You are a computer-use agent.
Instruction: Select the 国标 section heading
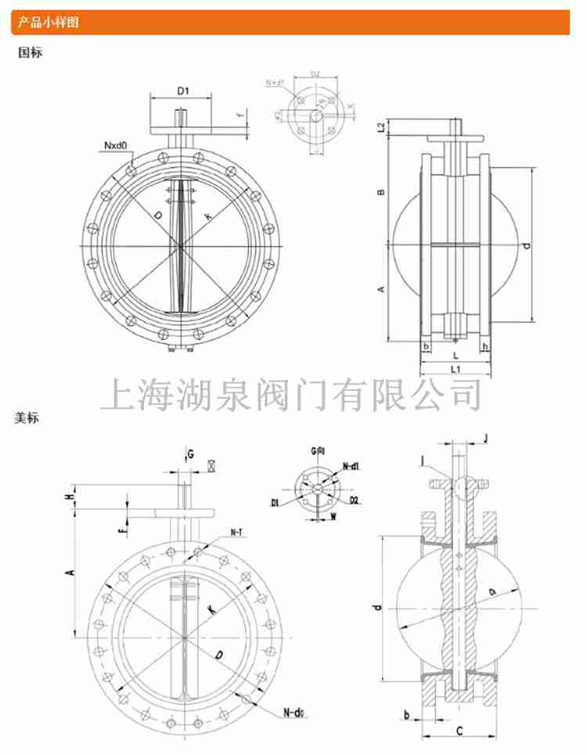click(30, 53)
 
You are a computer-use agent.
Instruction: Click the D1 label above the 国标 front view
click(182, 92)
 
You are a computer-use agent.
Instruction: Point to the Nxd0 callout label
click(113, 146)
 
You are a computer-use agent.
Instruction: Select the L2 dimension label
click(380, 127)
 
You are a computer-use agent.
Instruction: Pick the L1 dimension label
click(455, 367)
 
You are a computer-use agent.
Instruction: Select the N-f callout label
click(236, 533)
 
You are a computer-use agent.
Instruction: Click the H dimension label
click(70, 496)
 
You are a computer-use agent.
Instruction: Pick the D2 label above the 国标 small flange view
click(315, 75)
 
